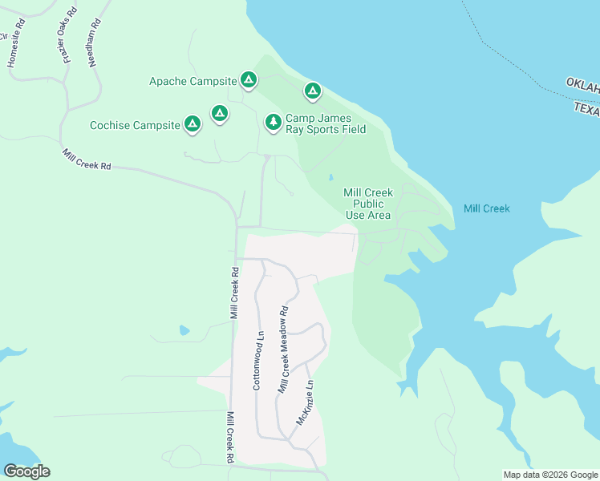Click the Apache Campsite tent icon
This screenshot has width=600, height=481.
click(x=249, y=80)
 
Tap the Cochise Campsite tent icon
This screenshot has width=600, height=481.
click(x=192, y=124)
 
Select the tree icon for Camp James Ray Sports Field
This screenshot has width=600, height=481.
click(x=274, y=122)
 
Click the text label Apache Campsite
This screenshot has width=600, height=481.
click(x=193, y=81)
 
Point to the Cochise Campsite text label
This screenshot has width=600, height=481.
click(x=135, y=125)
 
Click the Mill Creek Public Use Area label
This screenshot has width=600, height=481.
click(x=367, y=204)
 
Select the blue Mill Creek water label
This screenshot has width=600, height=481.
click(x=486, y=208)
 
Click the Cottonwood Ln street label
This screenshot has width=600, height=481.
click(x=258, y=361)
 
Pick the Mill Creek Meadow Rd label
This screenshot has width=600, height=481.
click(x=283, y=350)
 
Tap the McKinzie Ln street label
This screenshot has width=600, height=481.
click(x=304, y=402)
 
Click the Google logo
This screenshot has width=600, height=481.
click(x=26, y=471)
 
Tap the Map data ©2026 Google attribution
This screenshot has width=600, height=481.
click(x=550, y=475)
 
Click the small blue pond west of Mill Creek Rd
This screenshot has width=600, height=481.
click(x=184, y=329)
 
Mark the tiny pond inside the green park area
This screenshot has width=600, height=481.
click(x=330, y=178)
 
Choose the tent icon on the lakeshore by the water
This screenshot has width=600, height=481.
click(x=312, y=91)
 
